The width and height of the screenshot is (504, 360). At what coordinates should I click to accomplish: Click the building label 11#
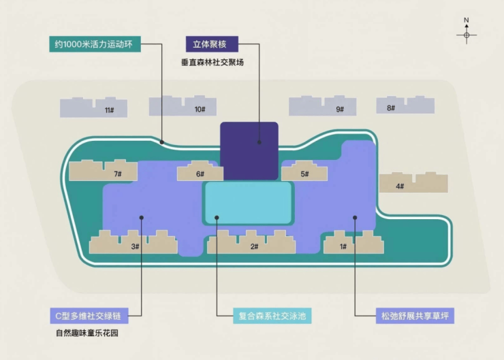coord(109,110)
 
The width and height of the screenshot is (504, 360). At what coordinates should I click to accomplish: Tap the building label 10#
coord(200,109)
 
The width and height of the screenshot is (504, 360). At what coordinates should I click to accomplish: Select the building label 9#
coord(340,109)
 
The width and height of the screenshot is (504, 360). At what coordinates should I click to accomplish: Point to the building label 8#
coord(391,108)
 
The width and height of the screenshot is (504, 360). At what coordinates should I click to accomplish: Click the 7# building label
coord(118,174)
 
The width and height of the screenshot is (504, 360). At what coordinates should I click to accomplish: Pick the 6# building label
coord(200,174)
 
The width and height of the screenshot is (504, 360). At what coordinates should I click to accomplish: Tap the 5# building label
coord(304,174)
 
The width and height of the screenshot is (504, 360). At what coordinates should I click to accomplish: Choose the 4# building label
coord(400,186)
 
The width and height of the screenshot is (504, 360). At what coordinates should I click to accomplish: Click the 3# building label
coord(135,246)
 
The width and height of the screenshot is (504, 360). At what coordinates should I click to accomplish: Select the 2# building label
coord(254,246)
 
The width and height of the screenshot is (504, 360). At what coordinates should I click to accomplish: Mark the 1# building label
coord(343,246)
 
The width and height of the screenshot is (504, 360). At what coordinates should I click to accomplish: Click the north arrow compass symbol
coord(467,31)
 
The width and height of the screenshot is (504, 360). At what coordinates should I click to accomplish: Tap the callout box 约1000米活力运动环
coord(95,44)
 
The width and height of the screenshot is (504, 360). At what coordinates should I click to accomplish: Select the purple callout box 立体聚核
coord(212,44)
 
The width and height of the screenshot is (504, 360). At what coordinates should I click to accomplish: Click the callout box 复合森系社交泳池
coord(272,316)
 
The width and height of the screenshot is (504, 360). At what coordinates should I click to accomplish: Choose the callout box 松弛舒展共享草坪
coord(415,316)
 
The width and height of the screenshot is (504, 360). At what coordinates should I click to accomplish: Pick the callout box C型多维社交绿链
coord(89,316)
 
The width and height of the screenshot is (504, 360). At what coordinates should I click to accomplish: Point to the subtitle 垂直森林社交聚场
coord(212,63)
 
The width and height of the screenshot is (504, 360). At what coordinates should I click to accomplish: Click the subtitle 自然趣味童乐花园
coord(87,333)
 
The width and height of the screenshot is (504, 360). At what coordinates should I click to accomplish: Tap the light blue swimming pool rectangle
coord(248,203)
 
